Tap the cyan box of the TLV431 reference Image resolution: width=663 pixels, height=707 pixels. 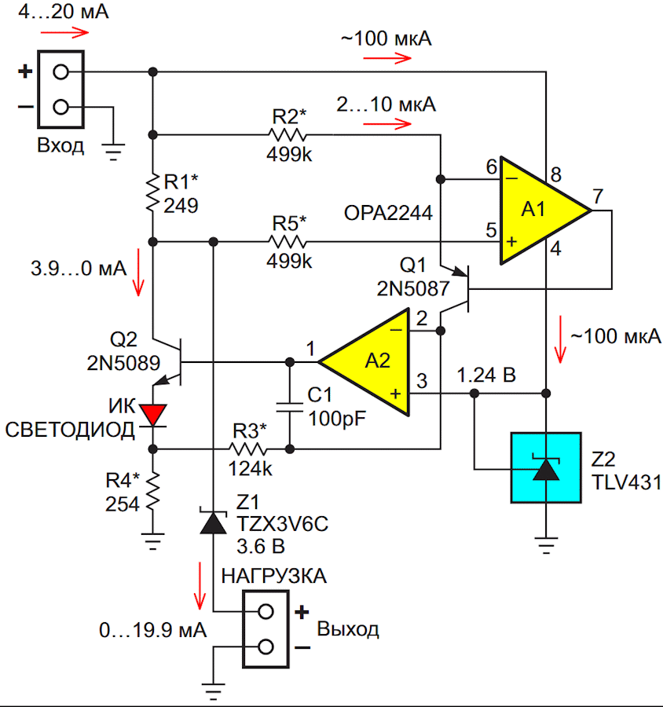pos(546,467)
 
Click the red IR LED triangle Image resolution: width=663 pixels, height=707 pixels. pos(153,415)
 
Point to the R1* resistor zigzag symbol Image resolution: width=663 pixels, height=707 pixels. pos(153,192)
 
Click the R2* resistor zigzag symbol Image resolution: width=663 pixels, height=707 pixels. pos(288,134)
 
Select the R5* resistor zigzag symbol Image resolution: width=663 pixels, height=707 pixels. pos(288,242)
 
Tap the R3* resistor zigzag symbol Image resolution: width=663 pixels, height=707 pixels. pos(247,449)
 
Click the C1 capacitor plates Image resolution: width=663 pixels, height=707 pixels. pos(290,407)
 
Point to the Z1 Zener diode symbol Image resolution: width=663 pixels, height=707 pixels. pos(214,522)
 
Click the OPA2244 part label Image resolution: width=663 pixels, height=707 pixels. pos(388,213)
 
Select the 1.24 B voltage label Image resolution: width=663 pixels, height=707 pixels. pos(486,375)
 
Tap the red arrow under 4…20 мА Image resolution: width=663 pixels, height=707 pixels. pos(65,32)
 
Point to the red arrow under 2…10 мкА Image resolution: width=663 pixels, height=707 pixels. pos(387,123)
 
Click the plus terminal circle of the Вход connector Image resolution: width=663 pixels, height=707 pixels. pos(61,71)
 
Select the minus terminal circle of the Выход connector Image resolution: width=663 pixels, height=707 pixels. pos(266,647)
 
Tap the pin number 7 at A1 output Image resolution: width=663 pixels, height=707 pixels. pos(598,196)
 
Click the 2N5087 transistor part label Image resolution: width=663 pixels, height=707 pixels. pos(413,288)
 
